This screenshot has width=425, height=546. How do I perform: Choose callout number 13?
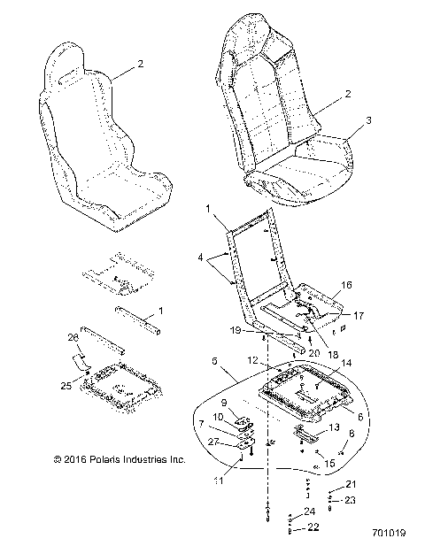coord(334,427)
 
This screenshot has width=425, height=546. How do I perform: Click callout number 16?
coord(346,287)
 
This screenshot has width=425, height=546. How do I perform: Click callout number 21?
coord(350,486)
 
